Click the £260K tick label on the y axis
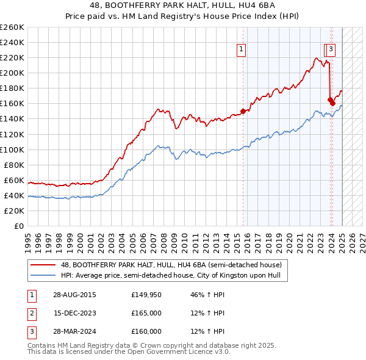pyautogui.click(x=12, y=27)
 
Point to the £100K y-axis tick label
pyautogui.click(x=12, y=149)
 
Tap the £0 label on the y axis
pyautogui.click(x=20, y=226)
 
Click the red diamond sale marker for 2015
pyautogui.click(x=243, y=111)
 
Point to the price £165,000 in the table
pyautogui.click(x=146, y=313)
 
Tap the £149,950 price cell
pyautogui.click(x=146, y=295)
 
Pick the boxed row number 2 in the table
pyautogui.click(x=31, y=313)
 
